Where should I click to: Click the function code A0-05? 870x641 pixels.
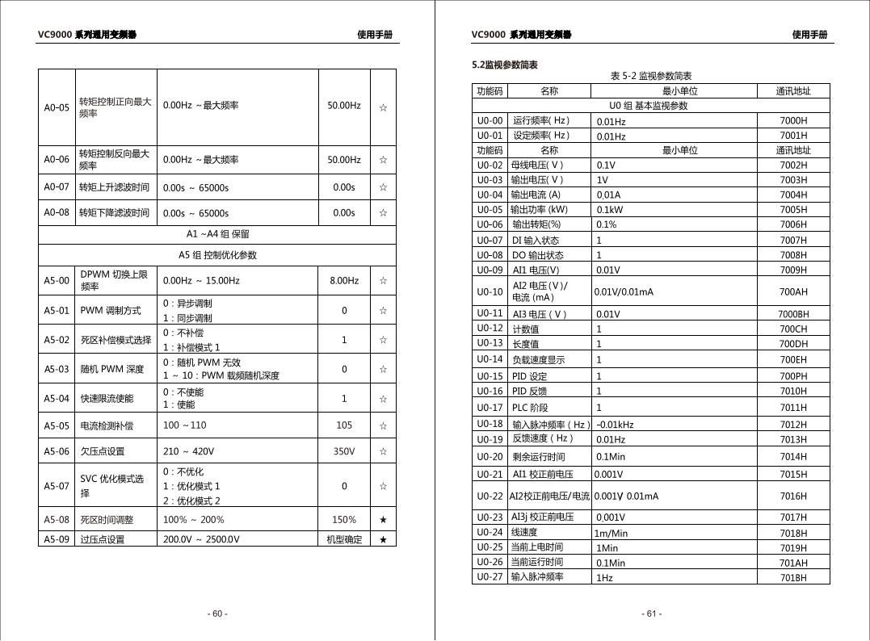coord(57,106)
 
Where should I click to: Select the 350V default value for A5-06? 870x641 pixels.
coord(343,451)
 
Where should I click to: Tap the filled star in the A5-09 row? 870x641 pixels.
coord(383,539)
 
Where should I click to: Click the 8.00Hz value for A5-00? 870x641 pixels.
coord(343,281)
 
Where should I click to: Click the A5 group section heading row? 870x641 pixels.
coord(217,255)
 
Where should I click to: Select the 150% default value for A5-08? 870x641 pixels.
coord(343,520)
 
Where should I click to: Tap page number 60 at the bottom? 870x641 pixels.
coord(217,614)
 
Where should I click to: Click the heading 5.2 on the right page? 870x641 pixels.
coord(504,65)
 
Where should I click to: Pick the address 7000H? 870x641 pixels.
coord(793,121)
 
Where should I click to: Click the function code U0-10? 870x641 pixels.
coord(490,291)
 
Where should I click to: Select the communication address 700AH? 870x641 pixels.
coord(793,291)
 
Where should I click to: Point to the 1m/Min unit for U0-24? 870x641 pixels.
coord(612,533)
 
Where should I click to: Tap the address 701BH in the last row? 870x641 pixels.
coord(793,577)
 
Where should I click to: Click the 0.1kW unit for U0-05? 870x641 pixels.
coord(610,210)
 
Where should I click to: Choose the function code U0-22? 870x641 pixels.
coord(490,496)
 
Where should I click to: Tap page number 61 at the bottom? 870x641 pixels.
coord(652,614)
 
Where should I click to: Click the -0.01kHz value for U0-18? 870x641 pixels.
coord(615,425)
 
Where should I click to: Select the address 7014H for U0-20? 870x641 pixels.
coord(793,457)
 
